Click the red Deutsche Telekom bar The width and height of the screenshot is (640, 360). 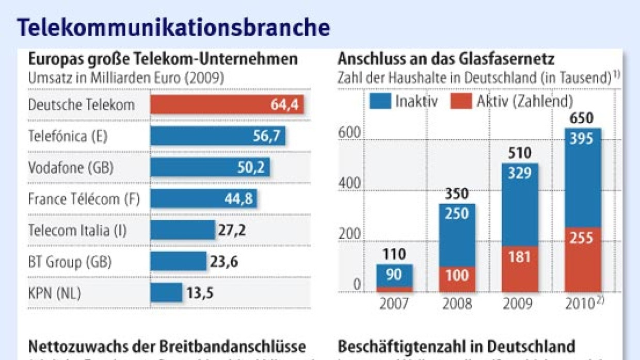pyautogui.click(x=227, y=105)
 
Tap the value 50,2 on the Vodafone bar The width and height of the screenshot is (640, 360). pyautogui.click(x=251, y=168)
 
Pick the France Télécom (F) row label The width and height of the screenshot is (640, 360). pyautogui.click(x=84, y=199)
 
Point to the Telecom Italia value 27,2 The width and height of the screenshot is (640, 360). pyautogui.click(x=232, y=230)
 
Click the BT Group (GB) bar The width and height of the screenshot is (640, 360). pyautogui.click(x=178, y=261)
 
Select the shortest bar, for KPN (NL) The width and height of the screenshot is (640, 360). pyautogui.click(x=166, y=292)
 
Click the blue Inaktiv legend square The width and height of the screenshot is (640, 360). pyautogui.click(x=380, y=101)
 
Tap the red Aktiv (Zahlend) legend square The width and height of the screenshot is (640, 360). pyautogui.click(x=460, y=101)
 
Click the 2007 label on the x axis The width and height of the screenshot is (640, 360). pyautogui.click(x=394, y=304)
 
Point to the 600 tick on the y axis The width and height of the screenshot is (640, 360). pyautogui.click(x=349, y=134)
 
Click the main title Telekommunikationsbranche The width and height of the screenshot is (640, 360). pyautogui.click(x=173, y=27)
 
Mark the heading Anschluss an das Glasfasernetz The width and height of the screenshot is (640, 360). pyautogui.click(x=446, y=59)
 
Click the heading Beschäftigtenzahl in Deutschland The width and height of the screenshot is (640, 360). pyautogui.click(x=456, y=346)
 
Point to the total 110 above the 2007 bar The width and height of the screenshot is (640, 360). pyautogui.click(x=394, y=254)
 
